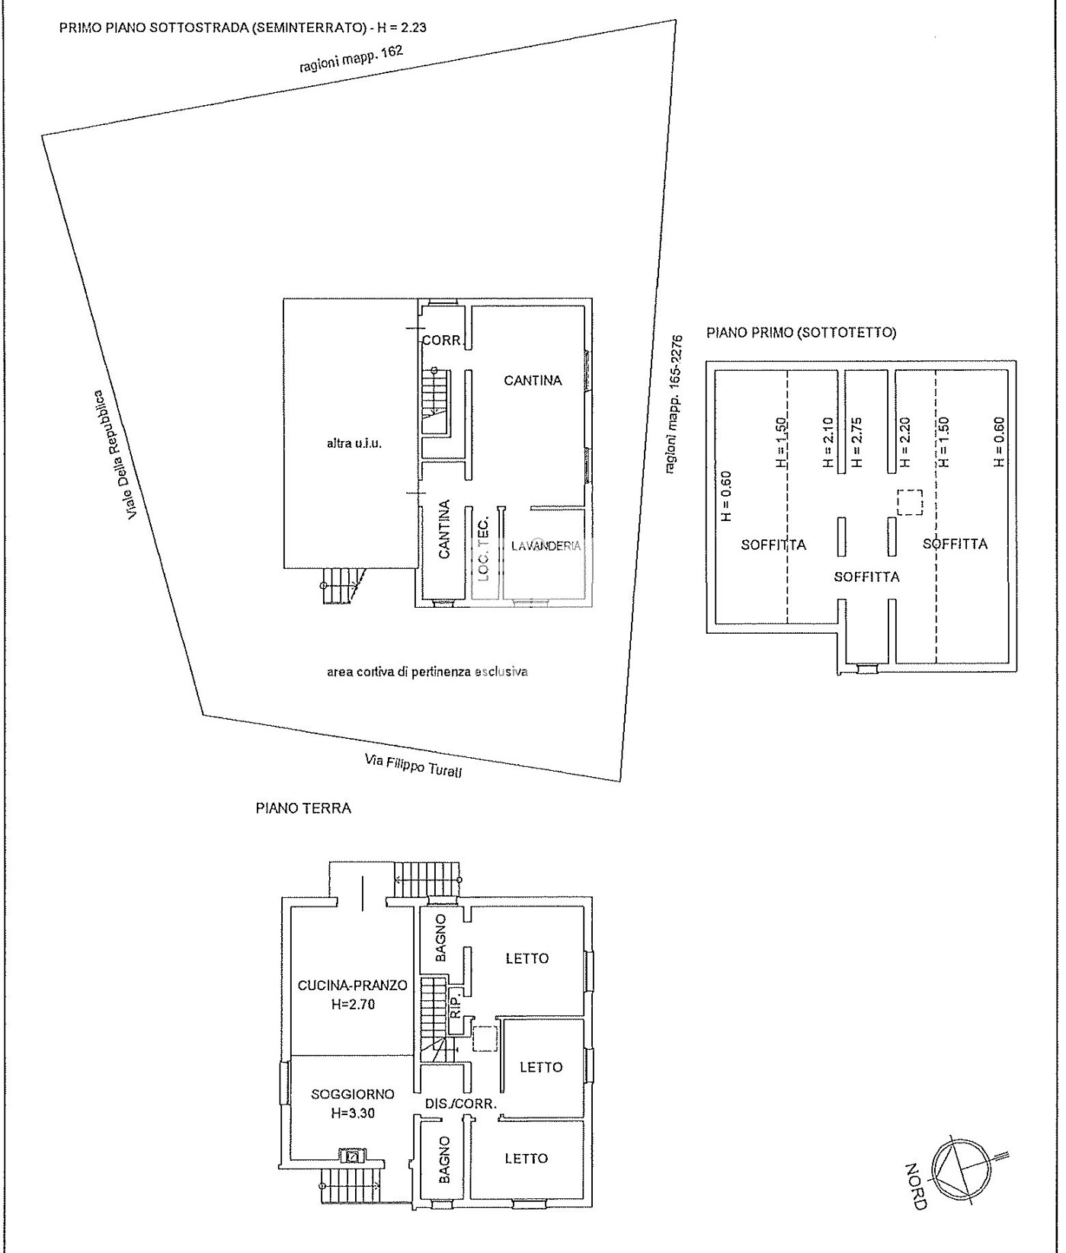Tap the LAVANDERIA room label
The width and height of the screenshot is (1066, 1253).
546,545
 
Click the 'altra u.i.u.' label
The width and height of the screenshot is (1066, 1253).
354,443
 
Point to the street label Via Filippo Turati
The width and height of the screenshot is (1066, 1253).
413,765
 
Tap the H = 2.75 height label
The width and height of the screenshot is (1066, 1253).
856,442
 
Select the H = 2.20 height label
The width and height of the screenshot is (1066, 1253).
904,442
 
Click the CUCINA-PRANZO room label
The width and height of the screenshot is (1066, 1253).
352,985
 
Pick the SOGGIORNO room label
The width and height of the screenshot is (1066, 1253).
353,1094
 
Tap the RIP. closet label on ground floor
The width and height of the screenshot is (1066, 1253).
455,1005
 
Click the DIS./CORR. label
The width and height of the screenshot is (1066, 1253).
461,1103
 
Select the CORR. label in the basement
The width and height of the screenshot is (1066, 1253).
442,340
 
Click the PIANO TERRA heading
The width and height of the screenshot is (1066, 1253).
303,808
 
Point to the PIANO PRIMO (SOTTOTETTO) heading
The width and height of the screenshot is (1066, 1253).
802,332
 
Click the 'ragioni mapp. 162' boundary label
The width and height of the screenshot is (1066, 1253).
351,59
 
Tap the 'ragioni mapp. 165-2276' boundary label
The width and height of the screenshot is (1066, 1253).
674,404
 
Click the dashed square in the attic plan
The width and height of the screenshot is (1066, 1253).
909,502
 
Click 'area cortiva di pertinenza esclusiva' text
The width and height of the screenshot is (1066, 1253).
427,672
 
